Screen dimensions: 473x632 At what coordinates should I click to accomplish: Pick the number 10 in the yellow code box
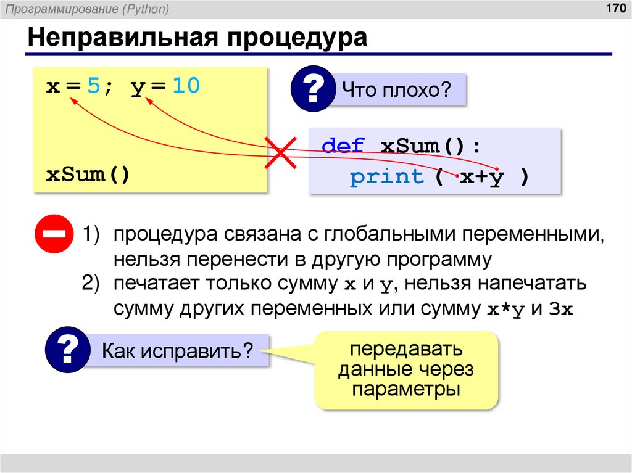[186, 86]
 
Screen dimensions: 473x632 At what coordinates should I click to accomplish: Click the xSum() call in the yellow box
[88, 175]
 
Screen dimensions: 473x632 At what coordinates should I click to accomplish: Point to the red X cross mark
[281, 152]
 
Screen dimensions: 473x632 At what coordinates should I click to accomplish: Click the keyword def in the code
[344, 147]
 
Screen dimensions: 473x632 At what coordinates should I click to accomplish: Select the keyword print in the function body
[387, 177]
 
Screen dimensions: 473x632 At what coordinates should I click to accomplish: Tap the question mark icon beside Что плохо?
[312, 90]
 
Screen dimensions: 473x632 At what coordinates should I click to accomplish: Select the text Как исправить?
[178, 352]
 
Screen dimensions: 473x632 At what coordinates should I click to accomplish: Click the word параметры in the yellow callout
[407, 390]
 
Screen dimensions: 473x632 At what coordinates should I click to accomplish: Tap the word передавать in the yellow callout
[407, 350]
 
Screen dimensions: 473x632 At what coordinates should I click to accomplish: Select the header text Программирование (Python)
[88, 9]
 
